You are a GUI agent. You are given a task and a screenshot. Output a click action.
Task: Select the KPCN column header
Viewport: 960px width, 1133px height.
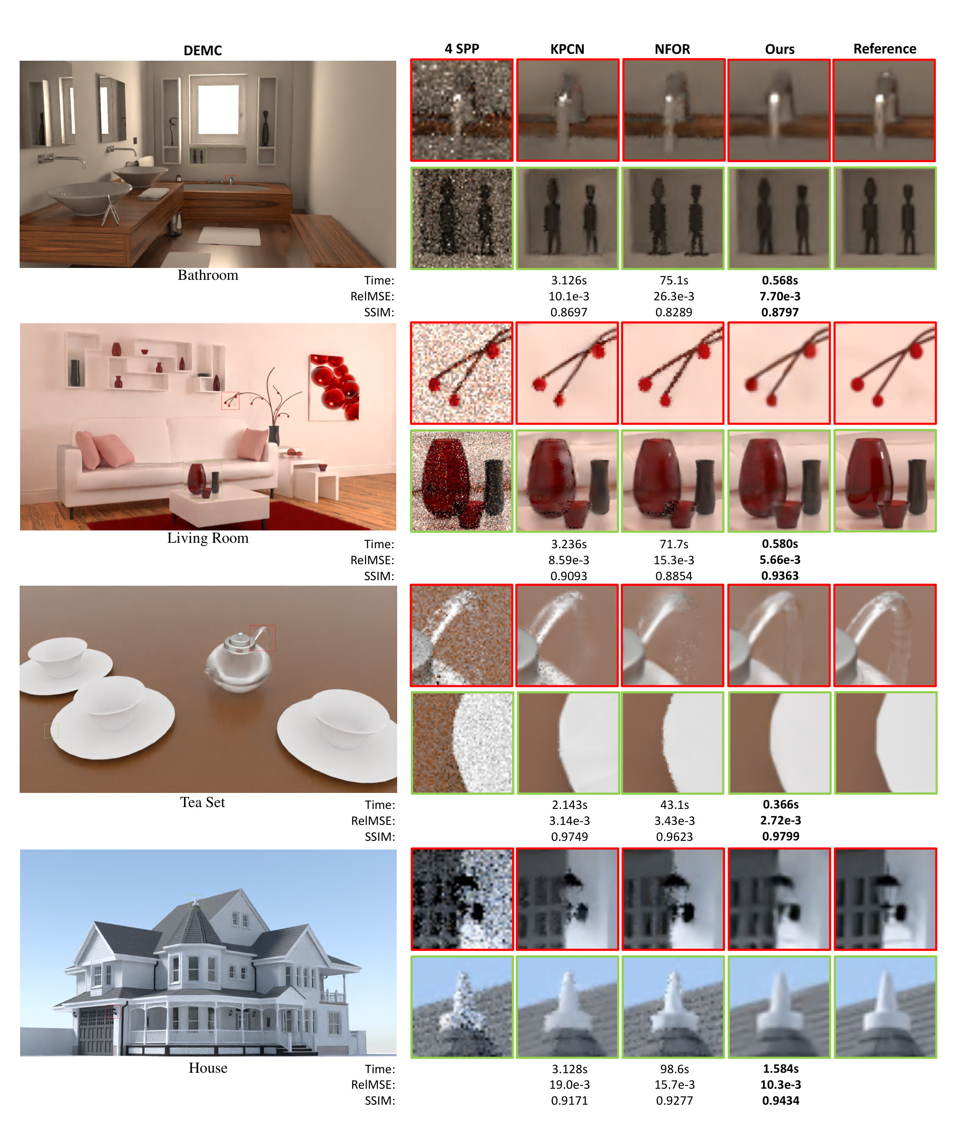click(x=567, y=49)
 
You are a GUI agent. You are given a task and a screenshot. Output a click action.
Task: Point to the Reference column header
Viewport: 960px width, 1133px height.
click(x=884, y=49)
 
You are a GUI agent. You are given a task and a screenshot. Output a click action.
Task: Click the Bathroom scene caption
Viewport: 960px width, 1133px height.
click(x=208, y=275)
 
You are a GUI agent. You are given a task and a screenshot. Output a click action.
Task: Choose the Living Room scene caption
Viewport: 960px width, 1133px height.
click(x=208, y=538)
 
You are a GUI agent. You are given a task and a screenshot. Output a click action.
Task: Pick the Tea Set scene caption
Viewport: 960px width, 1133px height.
click(x=202, y=802)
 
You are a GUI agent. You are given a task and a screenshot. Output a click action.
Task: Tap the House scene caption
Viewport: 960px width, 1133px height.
click(x=208, y=1068)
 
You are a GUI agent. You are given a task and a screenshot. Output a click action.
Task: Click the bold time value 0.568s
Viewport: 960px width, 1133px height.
click(x=780, y=280)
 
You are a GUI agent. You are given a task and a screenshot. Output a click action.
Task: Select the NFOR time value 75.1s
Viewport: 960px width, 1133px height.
click(x=674, y=280)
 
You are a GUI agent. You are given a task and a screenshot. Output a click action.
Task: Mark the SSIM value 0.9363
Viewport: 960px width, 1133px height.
click(x=780, y=576)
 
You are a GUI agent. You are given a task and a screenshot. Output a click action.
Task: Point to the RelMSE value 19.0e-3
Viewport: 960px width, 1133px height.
click(x=569, y=1085)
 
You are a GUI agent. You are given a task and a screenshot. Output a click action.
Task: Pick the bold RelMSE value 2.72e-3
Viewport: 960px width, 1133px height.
click(x=781, y=820)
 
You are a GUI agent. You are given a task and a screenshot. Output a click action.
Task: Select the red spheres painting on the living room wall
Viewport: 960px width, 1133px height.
click(x=334, y=388)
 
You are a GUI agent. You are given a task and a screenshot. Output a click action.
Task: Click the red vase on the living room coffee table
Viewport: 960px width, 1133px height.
click(x=196, y=477)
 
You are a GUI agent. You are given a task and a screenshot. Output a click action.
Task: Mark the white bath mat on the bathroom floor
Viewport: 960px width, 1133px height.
click(x=229, y=236)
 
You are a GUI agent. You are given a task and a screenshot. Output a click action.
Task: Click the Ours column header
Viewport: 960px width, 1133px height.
click(x=779, y=49)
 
